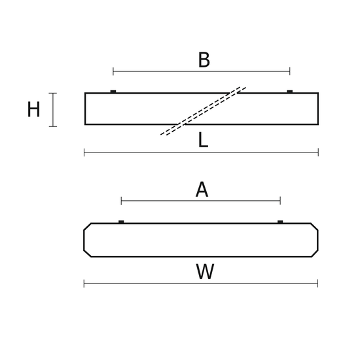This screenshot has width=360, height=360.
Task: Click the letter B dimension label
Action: (x=204, y=60)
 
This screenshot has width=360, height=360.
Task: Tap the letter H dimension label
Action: (x=33, y=109)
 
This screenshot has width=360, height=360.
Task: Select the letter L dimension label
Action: (x=203, y=139)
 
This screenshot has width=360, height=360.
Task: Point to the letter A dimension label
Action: (x=202, y=190)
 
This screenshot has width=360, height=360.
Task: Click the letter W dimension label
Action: (x=205, y=272)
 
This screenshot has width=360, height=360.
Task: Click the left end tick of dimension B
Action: (x=113, y=71)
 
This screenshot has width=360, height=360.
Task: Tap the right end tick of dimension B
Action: (x=290, y=71)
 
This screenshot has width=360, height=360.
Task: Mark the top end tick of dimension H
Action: (x=53, y=93)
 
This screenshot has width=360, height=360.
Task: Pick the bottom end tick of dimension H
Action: (x=53, y=126)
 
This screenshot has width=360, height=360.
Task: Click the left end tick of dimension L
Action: (x=84, y=153)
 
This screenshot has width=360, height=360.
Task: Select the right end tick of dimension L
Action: (x=318, y=153)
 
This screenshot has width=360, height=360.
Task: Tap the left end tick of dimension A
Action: (x=121, y=201)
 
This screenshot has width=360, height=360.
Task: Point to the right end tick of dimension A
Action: (x=280, y=201)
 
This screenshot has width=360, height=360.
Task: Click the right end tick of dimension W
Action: (x=317, y=283)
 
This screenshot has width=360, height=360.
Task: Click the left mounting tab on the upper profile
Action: (x=113, y=92)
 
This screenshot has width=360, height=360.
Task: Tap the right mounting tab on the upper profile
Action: (x=290, y=92)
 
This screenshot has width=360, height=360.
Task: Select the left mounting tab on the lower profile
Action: (x=121, y=221)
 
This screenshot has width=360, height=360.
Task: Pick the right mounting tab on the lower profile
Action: (x=280, y=221)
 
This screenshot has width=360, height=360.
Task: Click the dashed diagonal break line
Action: (x=204, y=111)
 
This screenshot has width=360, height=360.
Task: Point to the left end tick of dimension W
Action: (x=84, y=283)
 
